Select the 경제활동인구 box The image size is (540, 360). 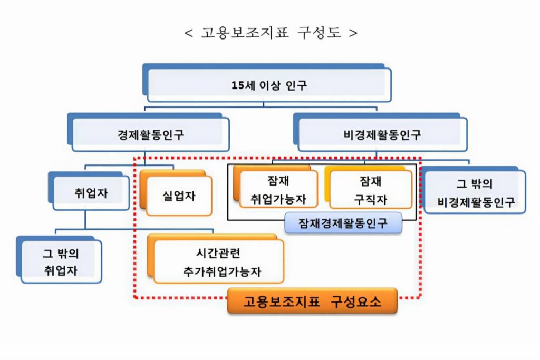pos(151,134)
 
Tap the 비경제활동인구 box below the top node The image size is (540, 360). pos(382,134)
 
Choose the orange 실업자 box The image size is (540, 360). pos(179,196)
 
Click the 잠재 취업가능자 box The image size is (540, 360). pos(278,191)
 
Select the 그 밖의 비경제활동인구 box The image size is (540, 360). pos(475,193)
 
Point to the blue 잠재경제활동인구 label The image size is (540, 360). pos(343,223)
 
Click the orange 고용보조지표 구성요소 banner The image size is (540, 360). pos(312,302)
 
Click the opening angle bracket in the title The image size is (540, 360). pos(188,33)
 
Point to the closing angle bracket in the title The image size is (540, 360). pos(353,33)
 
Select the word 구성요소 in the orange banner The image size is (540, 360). pos(356,302)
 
